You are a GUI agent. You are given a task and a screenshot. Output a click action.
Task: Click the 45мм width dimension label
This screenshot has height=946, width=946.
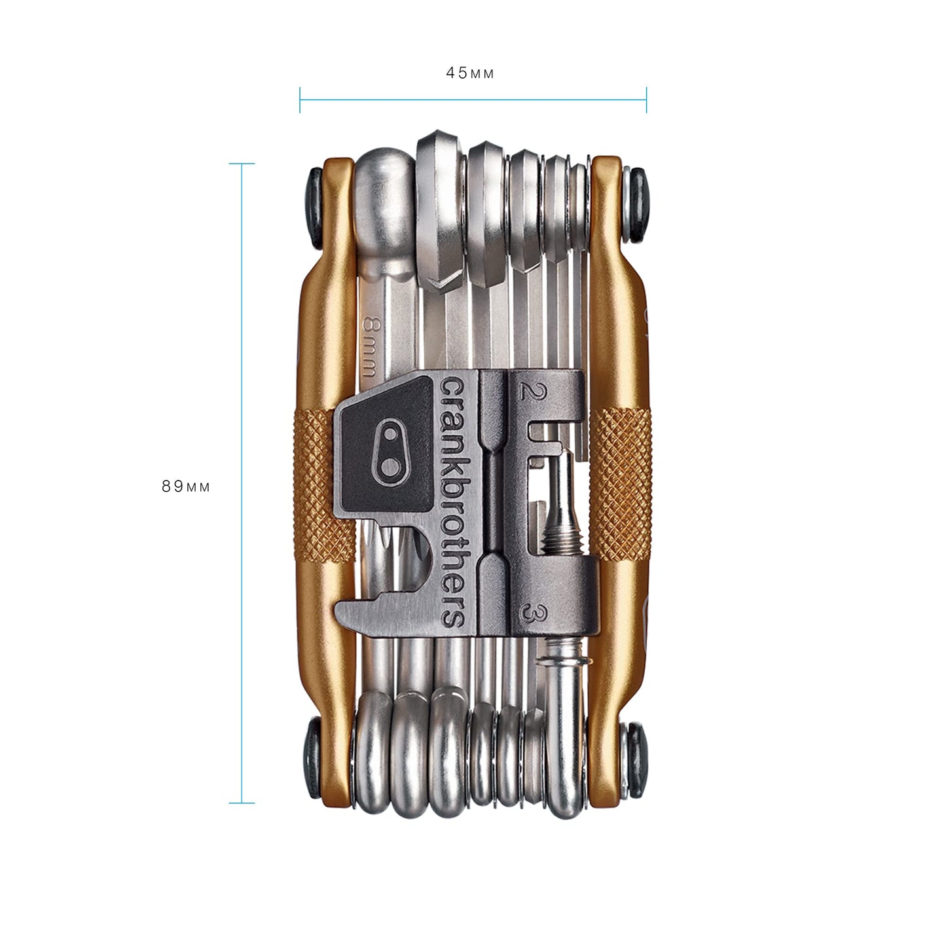(470, 73)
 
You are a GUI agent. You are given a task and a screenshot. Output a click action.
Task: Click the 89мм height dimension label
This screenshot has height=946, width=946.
(187, 486)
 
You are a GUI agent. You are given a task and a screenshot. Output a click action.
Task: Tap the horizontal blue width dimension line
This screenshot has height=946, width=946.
(473, 100)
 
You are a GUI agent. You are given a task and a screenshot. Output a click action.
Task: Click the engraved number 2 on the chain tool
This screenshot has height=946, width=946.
(525, 392)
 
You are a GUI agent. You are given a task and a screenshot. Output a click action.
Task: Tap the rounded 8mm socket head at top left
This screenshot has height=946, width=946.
(385, 196)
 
